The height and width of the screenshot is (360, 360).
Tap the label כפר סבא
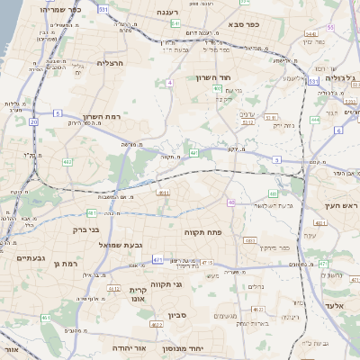(245, 24)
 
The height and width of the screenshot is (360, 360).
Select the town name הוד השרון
(214, 78)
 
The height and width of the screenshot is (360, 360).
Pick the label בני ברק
(84, 229)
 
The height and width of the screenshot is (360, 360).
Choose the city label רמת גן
(67, 263)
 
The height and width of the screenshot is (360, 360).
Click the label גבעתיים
(31, 257)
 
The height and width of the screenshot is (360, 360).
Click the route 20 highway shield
(33, 121)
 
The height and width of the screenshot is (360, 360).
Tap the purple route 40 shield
(231, 202)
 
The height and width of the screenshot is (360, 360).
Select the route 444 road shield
(315, 119)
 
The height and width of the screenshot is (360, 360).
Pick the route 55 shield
(330, 28)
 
